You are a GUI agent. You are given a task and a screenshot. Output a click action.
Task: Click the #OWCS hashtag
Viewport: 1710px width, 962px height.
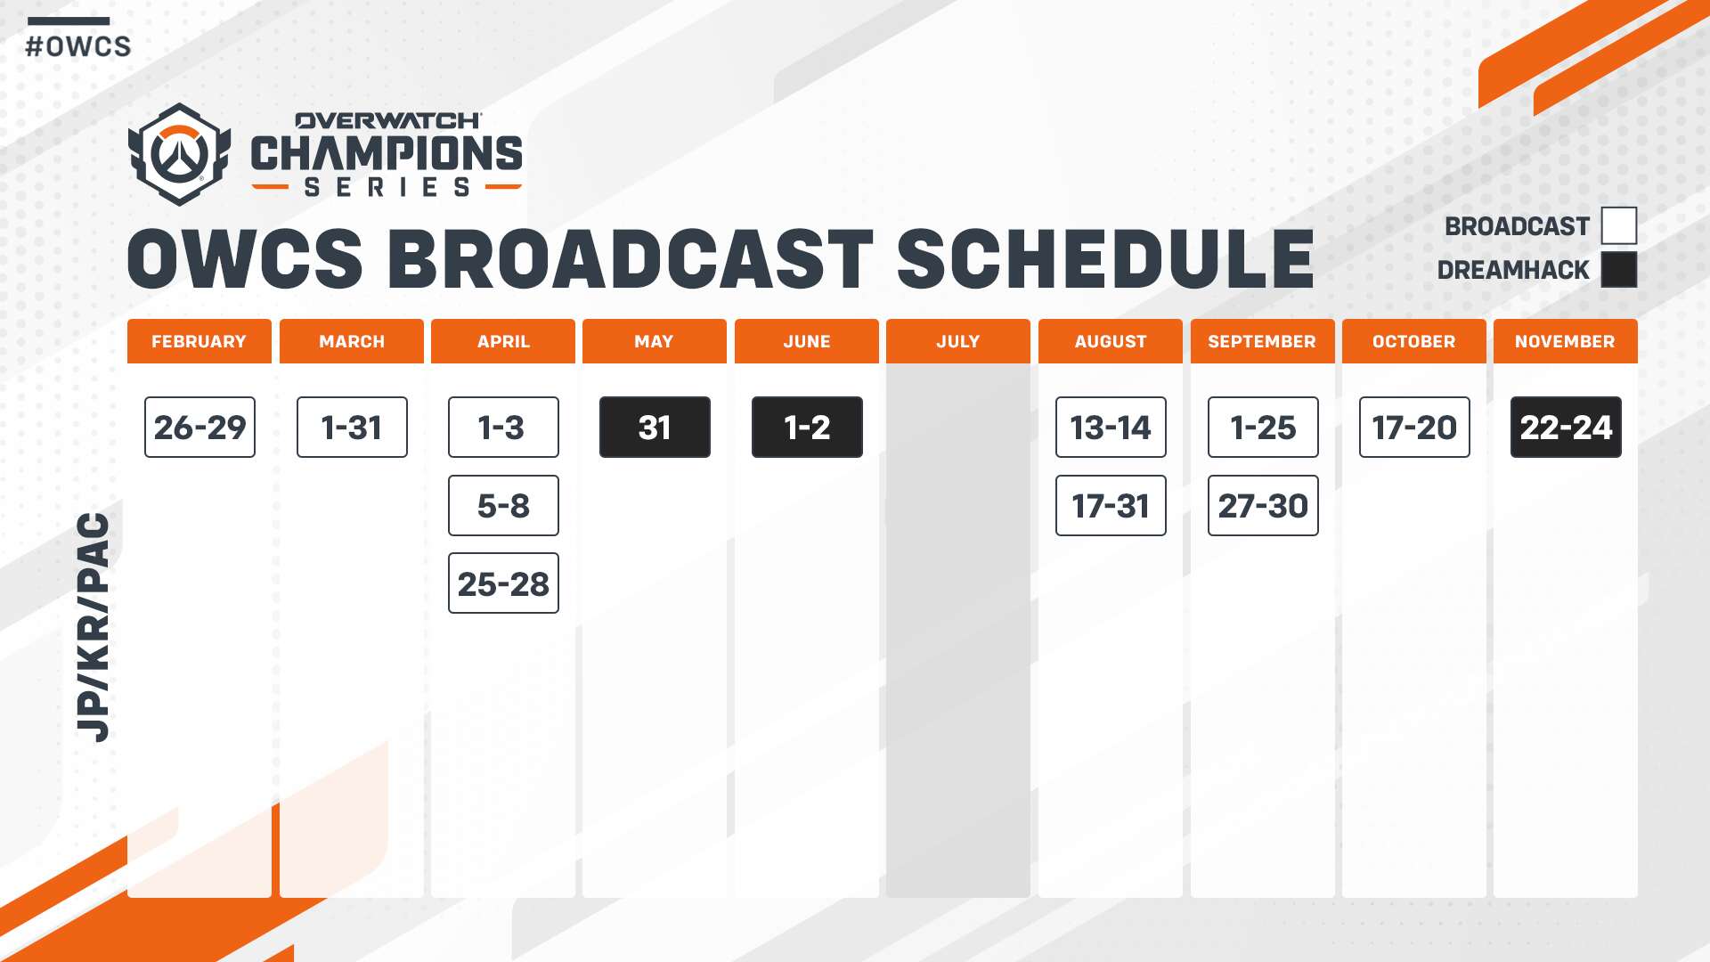click(x=78, y=46)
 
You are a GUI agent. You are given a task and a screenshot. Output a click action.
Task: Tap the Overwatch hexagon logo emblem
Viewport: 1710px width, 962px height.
click(x=180, y=154)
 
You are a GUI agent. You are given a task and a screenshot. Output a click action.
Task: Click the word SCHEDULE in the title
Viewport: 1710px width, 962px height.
click(x=1105, y=259)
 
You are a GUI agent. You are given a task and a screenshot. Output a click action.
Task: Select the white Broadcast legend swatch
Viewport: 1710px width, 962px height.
click(x=1619, y=225)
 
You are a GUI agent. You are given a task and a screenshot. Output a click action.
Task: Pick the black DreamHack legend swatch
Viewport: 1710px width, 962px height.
click(x=1619, y=269)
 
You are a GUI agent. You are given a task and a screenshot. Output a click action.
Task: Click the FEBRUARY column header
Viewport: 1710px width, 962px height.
click(x=199, y=341)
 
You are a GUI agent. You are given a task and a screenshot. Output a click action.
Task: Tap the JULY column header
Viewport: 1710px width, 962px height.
click(x=958, y=341)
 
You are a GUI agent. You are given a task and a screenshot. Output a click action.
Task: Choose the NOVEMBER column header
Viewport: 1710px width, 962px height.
click(x=1566, y=341)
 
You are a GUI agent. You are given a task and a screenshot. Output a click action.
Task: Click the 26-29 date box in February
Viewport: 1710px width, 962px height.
click(x=199, y=428)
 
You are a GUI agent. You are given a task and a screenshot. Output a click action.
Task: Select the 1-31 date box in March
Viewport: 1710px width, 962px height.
click(x=352, y=428)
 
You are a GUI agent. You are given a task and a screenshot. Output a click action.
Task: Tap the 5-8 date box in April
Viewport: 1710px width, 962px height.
click(x=503, y=506)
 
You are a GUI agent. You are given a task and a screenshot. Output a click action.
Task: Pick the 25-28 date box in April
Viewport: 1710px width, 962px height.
click(x=503, y=583)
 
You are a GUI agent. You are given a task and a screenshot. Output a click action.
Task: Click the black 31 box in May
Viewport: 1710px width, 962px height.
click(x=655, y=428)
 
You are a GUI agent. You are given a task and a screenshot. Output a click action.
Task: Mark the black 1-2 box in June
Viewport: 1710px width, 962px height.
click(x=807, y=428)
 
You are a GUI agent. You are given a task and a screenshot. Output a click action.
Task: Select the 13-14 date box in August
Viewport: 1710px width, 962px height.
click(x=1111, y=428)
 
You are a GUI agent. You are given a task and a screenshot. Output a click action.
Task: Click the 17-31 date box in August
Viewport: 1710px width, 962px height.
click(x=1111, y=506)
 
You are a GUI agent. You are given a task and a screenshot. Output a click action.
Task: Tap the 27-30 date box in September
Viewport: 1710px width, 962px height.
click(x=1263, y=506)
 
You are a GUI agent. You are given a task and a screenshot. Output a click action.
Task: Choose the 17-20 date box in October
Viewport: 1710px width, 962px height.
click(x=1414, y=428)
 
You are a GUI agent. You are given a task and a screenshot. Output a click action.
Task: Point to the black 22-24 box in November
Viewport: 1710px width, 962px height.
click(x=1566, y=428)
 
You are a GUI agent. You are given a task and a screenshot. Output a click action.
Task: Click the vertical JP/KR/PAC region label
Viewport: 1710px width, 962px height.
click(x=94, y=627)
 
